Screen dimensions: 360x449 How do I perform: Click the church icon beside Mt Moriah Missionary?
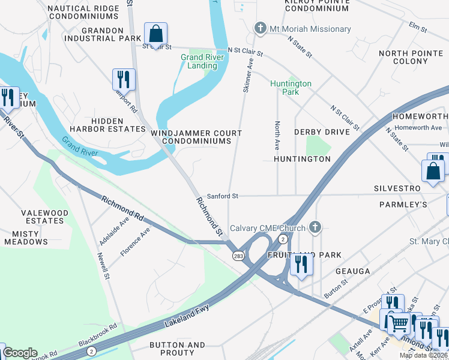(x=260, y=28)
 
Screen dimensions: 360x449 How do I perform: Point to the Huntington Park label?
(x=291, y=88)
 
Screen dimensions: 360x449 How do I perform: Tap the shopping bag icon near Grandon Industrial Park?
(x=155, y=34)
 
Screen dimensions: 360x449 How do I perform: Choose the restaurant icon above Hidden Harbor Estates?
(x=124, y=79)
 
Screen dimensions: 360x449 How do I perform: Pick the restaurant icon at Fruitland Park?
(x=301, y=265)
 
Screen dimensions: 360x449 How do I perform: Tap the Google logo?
(x=20, y=353)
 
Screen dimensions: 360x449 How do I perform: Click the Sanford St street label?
(x=223, y=196)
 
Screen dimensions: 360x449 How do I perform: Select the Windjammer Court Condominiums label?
(x=196, y=137)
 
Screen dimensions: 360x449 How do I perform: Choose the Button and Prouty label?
(x=177, y=349)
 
